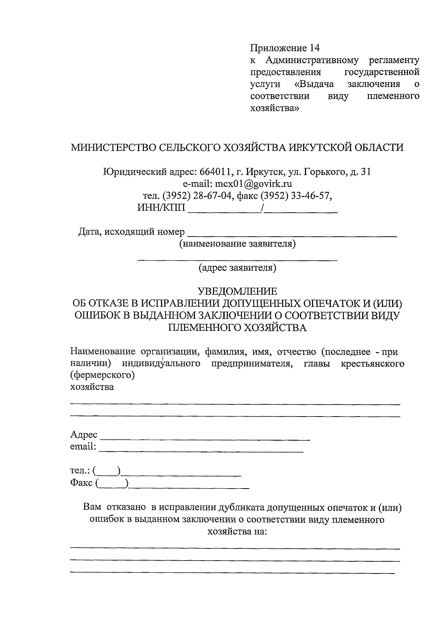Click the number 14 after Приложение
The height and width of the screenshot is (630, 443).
[314, 48]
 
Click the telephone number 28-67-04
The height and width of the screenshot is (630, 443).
[212, 196]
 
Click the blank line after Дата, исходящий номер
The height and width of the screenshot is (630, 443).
[292, 234]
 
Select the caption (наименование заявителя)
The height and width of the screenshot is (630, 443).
[237, 244]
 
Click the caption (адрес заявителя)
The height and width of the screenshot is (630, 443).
[237, 267]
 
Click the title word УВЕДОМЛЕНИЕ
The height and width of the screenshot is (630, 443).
[237, 291]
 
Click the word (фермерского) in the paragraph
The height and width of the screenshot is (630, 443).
[102, 376]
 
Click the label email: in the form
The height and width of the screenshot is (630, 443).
[83, 447]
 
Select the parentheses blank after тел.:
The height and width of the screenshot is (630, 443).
[107, 471]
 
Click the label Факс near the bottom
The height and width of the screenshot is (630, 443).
[81, 483]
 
